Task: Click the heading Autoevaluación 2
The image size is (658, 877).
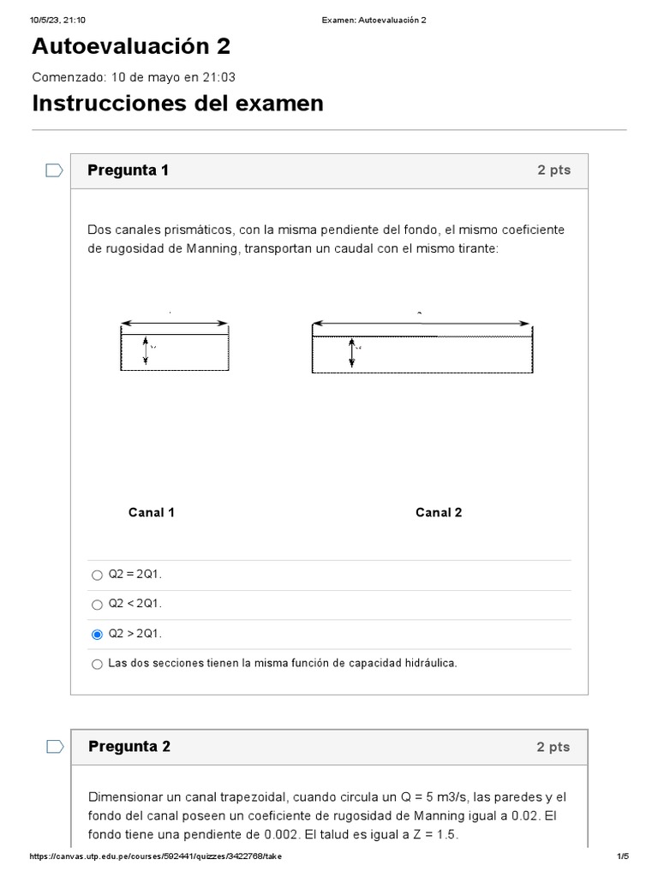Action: click(x=131, y=46)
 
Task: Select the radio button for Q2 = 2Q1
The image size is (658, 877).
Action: click(x=97, y=575)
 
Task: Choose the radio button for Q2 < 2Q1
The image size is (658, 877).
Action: click(x=97, y=605)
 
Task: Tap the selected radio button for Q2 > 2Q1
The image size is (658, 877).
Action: click(x=97, y=635)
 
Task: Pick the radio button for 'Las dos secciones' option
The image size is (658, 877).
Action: click(x=97, y=664)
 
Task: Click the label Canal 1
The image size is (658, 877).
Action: click(x=152, y=512)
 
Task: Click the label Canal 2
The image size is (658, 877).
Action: click(x=439, y=512)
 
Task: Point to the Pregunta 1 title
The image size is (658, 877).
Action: click(x=128, y=170)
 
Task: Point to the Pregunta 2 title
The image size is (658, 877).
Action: click(x=129, y=747)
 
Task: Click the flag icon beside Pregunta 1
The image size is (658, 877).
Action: click(x=54, y=170)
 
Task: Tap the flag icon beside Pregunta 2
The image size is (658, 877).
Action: click(x=54, y=747)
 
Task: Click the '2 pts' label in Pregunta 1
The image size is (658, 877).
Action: click(x=553, y=170)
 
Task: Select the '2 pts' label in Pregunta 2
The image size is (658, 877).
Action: click(x=553, y=747)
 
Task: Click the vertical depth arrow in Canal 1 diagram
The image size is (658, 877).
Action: click(x=146, y=351)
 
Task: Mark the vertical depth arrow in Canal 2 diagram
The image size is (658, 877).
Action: click(x=351, y=352)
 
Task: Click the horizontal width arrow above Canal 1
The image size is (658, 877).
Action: click(x=175, y=324)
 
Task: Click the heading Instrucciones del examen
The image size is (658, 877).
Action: click(x=177, y=104)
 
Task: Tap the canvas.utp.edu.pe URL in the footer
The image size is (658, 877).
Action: click(x=155, y=856)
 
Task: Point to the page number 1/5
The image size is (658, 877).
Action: click(x=623, y=856)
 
